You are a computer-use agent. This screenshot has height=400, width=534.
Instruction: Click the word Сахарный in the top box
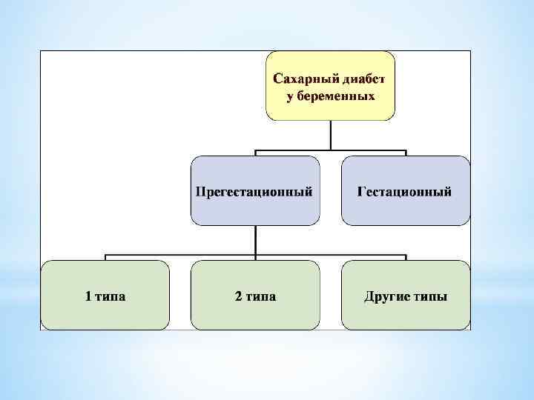pos(303,79)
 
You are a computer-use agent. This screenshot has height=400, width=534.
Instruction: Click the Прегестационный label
pos(254,191)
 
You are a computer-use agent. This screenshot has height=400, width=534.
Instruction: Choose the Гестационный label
pos(405,191)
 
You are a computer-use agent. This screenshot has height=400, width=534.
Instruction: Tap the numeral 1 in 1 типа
pos(88,297)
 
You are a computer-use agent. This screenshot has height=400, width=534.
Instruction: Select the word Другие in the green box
pos(388,297)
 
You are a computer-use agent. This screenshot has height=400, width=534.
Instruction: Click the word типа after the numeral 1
pos(110,297)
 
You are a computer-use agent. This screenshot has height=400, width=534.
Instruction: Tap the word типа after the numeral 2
pos(260,297)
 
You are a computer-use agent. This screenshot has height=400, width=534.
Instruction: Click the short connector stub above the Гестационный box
pos(406,153)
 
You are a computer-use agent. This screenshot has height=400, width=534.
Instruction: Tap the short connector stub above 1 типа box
pos(105,257)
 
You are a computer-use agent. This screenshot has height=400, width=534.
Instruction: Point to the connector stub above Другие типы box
pos(406,257)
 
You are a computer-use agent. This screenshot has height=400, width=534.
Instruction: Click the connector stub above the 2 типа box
pos(255,258)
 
